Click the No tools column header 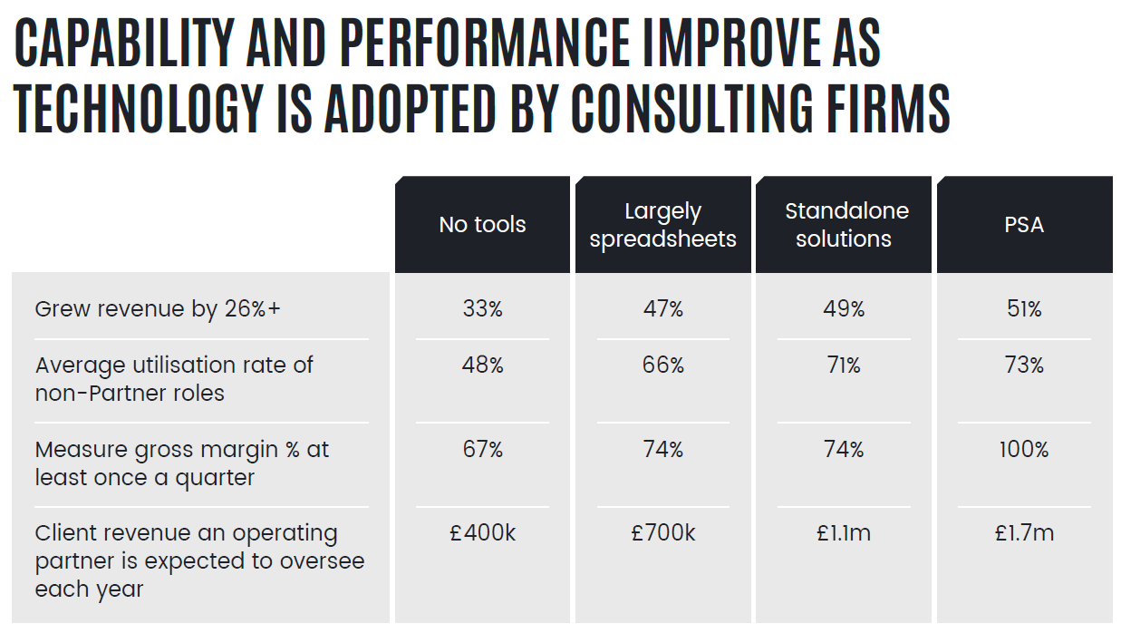[x=482, y=225]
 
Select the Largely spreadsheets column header [x=662, y=225]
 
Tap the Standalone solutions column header [x=844, y=225]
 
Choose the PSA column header [x=1024, y=225]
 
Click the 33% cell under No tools [x=482, y=309]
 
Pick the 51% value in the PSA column [x=1024, y=309]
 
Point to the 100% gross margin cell [x=1024, y=449]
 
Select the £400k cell [x=482, y=533]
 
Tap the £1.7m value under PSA [x=1024, y=533]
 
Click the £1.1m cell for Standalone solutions [x=844, y=533]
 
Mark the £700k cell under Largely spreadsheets [x=662, y=533]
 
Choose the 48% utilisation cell [x=482, y=365]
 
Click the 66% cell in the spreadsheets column [x=662, y=365]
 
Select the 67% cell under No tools [x=482, y=449]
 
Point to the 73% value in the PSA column [x=1024, y=365]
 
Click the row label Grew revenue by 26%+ [x=158, y=309]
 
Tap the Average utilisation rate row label [x=174, y=378]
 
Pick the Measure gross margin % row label [x=181, y=463]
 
